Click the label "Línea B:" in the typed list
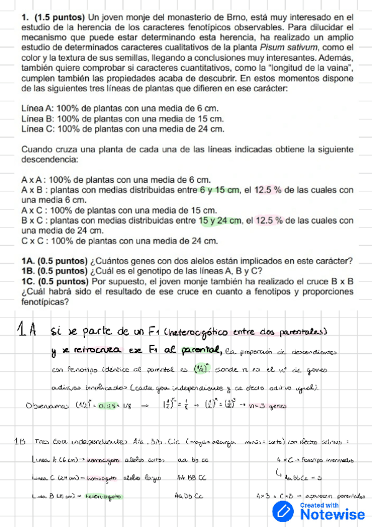click(37, 119)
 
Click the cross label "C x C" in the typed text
click(34, 241)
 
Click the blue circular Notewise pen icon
click(284, 511)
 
